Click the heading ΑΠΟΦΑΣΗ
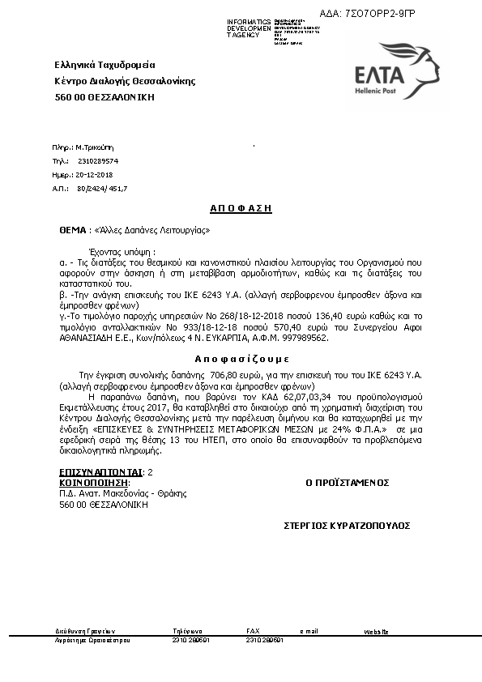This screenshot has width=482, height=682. [241, 209]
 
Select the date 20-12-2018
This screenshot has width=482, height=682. [95, 175]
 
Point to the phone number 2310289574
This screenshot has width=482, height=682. [98, 161]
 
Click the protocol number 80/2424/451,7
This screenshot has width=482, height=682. [102, 188]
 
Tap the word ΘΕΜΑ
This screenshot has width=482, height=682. [72, 230]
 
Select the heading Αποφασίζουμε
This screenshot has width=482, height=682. [241, 358]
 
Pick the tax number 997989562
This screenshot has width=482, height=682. [304, 339]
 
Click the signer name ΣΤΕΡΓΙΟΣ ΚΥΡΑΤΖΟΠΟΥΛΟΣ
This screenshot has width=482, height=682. [347, 526]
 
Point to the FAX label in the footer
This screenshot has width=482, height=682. [253, 630]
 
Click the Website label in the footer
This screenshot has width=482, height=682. [377, 630]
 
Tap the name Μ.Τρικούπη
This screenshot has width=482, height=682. [96, 148]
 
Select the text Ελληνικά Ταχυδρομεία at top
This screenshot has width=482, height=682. [105, 65]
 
